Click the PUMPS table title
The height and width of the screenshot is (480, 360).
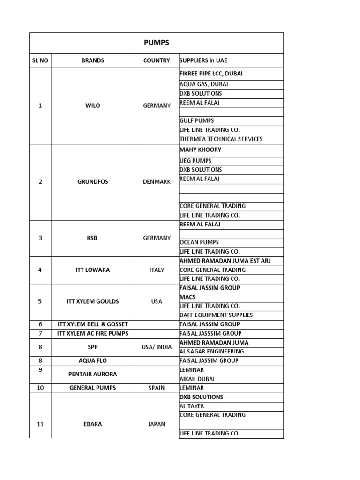tap(157, 43)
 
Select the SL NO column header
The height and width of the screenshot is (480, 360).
tap(40, 61)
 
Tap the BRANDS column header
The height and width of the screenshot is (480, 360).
tap(93, 61)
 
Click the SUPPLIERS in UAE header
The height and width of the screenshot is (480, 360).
tap(203, 61)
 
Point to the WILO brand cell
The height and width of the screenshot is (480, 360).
tap(93, 106)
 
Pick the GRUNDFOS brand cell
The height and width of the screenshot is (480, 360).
tap(93, 182)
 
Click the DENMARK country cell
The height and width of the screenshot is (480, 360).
tap(157, 182)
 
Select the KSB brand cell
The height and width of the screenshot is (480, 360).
tap(93, 238)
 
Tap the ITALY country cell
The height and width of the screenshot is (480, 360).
tap(157, 270)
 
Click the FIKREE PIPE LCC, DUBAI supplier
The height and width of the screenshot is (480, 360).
tap(211, 74)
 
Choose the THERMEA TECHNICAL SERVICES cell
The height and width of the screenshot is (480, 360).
tap(221, 139)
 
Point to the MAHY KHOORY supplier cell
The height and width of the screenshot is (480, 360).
tap(200, 150)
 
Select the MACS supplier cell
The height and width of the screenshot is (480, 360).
tap(187, 297)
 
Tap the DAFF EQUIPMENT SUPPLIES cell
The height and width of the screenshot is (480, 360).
tap(216, 315)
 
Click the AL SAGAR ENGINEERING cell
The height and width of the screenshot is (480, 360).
tap(211, 352)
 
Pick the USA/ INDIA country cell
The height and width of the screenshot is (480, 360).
tap(157, 347)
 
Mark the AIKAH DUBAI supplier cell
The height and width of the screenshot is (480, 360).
tap(197, 379)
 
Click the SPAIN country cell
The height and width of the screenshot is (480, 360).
tap(157, 388)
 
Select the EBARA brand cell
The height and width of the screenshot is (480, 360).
tap(93, 424)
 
